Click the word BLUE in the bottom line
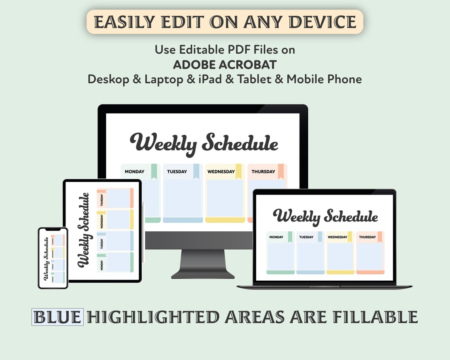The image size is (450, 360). click(x=57, y=317)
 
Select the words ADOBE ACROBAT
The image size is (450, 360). click(x=225, y=64)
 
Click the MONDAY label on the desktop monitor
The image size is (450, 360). click(x=135, y=172)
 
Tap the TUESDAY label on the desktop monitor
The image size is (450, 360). click(x=177, y=172)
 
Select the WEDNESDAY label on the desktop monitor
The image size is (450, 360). click(x=221, y=172)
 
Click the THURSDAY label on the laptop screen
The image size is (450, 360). click(x=367, y=237)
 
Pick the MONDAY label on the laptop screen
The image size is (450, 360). click(x=276, y=237)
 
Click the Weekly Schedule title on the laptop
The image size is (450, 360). click(x=325, y=217)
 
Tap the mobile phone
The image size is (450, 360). click(x=53, y=258)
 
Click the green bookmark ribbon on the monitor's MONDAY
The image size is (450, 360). click(x=154, y=171)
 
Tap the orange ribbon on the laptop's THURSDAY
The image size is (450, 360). click(x=380, y=237)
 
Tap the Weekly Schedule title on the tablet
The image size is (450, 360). click(x=84, y=230)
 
